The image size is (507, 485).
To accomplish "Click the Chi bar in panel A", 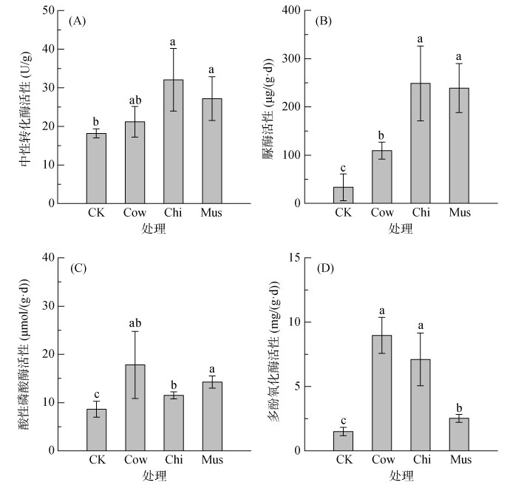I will [174, 141].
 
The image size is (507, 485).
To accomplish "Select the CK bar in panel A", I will [96, 168].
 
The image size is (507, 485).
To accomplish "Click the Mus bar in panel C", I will [212, 416].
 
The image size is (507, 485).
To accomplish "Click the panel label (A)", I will [78, 21].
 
